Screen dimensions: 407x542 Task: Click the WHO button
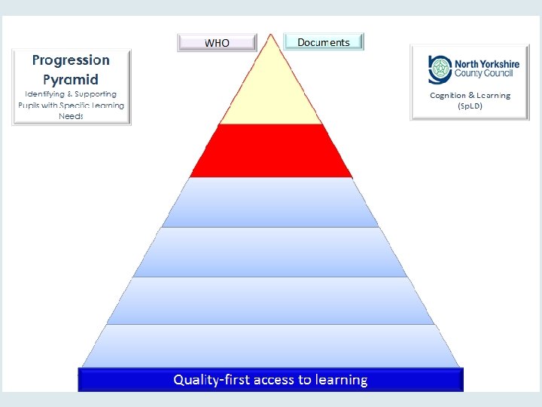tap(217, 43)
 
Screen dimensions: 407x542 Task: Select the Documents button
tap(324, 42)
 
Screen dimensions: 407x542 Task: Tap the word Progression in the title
tap(71, 60)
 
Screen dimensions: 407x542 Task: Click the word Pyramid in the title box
tap(71, 78)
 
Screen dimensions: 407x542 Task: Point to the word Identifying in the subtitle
tap(47, 94)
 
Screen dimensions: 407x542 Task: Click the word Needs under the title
tap(71, 116)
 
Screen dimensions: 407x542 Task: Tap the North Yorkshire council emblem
tap(439, 70)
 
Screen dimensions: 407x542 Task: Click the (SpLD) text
tap(470, 106)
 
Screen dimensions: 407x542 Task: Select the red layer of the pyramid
tap(271, 151)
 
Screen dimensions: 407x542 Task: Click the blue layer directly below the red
tap(271, 202)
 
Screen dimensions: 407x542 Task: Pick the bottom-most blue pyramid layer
tap(271, 345)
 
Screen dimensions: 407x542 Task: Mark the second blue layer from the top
tap(271, 252)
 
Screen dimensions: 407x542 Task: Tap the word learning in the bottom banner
tap(340, 380)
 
